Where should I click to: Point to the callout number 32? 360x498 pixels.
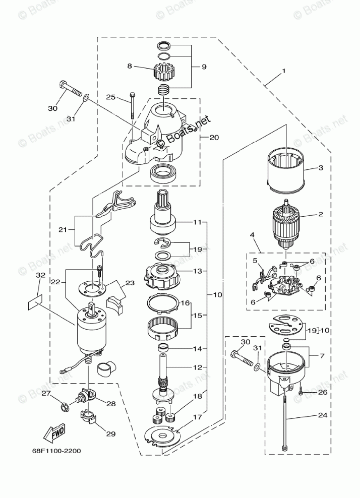click(41, 276)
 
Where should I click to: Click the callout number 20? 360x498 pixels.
click(214, 137)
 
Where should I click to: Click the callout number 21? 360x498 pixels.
click(63, 229)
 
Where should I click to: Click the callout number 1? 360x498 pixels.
click(283, 71)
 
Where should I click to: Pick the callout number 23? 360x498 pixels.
click(130, 283)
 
